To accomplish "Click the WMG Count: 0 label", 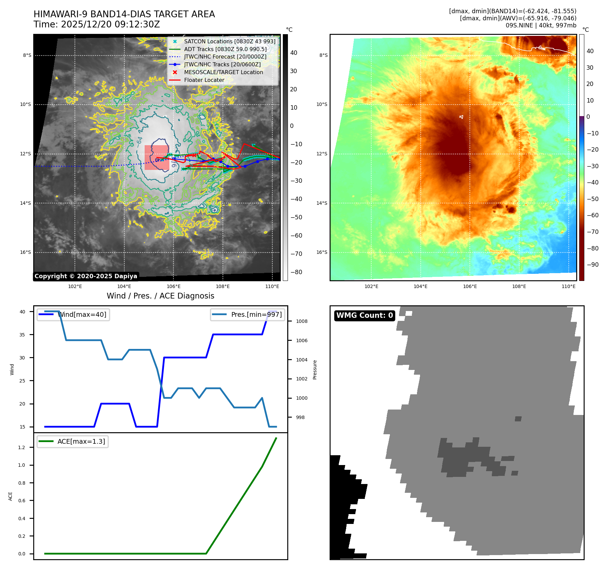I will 364,315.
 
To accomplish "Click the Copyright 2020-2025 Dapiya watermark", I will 86,276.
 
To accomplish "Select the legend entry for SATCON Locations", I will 230,41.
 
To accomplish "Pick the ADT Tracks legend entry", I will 225,49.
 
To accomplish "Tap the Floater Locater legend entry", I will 204,80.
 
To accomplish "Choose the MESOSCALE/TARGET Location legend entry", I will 223,72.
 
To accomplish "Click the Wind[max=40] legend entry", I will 82,314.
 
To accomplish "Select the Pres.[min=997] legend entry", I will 256,314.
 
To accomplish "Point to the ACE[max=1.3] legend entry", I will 81,441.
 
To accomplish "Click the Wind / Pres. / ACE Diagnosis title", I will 161,296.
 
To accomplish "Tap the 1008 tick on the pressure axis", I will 301,321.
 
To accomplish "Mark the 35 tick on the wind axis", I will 22,335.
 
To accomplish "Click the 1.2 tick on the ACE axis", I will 22,447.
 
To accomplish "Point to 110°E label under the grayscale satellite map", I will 272,286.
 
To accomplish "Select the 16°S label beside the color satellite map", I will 322,252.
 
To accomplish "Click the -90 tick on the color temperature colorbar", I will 592,265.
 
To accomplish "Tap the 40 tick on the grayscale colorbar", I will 294,53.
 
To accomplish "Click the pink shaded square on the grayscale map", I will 157,157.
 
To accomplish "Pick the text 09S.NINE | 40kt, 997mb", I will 541,25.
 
